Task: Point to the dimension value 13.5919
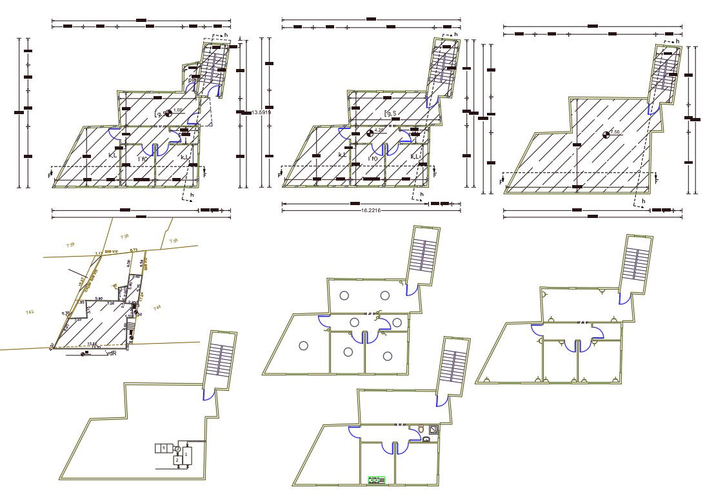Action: tap(261, 112)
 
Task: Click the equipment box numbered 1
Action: tap(186, 455)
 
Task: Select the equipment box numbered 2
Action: tap(177, 460)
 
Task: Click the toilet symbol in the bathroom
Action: tap(421, 429)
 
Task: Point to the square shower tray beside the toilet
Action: tap(435, 430)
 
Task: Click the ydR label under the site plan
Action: tap(110, 353)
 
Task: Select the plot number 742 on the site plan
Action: tap(30, 313)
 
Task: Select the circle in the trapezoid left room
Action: tap(303, 345)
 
